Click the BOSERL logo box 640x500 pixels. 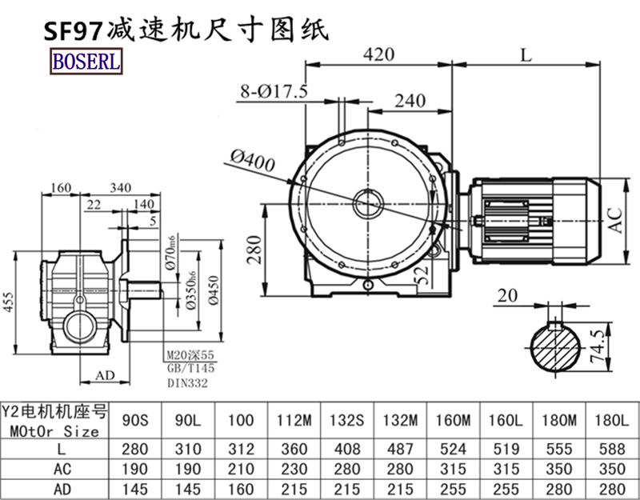point(86,62)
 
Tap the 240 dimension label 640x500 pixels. point(409,101)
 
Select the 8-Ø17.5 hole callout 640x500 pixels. point(274,91)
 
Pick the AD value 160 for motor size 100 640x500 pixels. point(240,486)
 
